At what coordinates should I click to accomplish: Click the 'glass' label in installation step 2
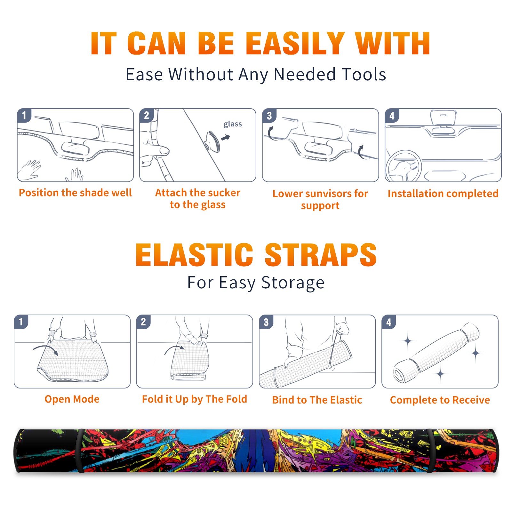click(x=233, y=124)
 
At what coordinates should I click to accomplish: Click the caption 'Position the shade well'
click(x=75, y=193)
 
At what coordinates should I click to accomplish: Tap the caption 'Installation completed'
click(x=443, y=194)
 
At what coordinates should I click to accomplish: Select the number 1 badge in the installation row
click(x=24, y=115)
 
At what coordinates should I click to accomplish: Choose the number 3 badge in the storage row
click(x=266, y=322)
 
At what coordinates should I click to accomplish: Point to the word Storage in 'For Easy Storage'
click(x=293, y=283)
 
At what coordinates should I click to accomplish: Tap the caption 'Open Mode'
click(x=72, y=399)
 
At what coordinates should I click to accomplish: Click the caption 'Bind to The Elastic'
click(x=317, y=400)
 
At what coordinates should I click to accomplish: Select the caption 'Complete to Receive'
click(x=440, y=400)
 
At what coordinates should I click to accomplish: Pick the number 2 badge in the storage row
click(x=143, y=322)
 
